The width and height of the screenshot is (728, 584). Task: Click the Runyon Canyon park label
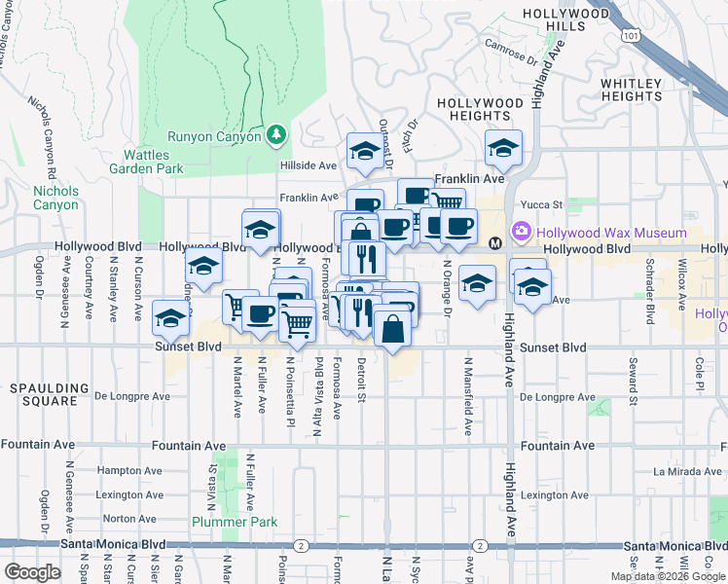[x=214, y=136]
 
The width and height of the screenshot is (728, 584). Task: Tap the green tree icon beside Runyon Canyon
[x=277, y=135]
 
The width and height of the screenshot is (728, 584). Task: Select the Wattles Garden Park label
[x=153, y=162]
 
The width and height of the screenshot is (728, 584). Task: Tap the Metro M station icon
[x=495, y=242]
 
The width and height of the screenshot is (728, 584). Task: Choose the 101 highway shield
[x=634, y=36]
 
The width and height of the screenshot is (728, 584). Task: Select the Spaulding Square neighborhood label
[x=43, y=394]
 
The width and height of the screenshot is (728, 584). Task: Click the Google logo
[x=33, y=572]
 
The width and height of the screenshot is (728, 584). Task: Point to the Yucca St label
[x=545, y=204]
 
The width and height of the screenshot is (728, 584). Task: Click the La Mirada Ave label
[x=687, y=471]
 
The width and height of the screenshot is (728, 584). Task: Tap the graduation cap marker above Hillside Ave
[x=365, y=151]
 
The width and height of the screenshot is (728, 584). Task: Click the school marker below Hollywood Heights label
[x=502, y=148]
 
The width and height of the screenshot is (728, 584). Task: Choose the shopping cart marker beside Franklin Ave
[x=447, y=202]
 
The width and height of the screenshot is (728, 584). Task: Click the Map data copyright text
[x=667, y=576]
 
